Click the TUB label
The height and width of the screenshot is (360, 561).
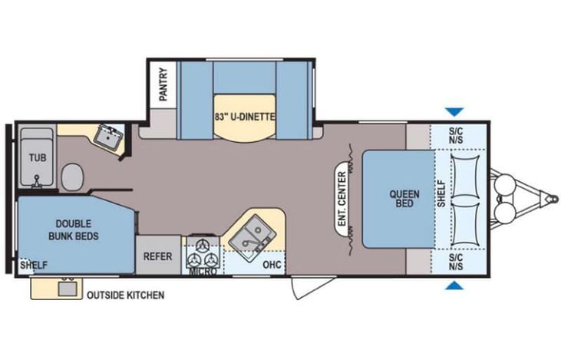[37, 157]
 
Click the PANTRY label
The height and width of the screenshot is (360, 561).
[163, 84]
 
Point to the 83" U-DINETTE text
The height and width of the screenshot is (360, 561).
[245, 116]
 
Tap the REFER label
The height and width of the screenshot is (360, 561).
[158, 256]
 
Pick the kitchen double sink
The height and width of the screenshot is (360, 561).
[252, 231]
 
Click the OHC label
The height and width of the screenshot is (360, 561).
[272, 266]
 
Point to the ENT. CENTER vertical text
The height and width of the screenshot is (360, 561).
[341, 198]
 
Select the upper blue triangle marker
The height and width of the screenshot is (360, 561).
[456, 111]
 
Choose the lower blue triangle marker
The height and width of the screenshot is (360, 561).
[456, 287]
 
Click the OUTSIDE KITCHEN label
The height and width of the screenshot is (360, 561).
[125, 294]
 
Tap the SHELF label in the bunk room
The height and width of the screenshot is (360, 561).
[35, 266]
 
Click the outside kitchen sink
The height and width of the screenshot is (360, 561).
[64, 289]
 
